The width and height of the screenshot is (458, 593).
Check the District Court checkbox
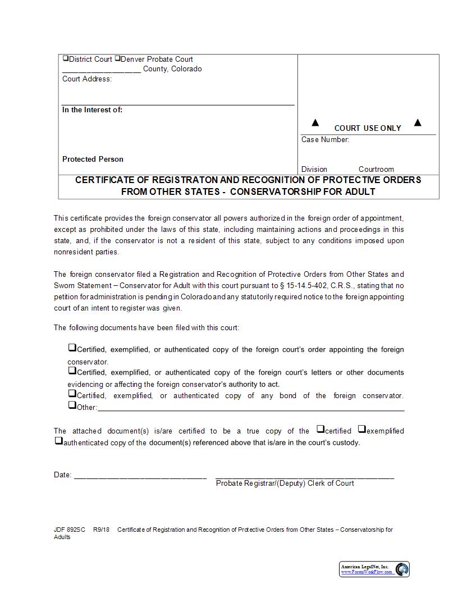coord(65,58)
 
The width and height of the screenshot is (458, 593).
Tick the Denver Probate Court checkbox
coord(117,58)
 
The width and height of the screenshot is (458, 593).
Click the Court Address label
coord(87,79)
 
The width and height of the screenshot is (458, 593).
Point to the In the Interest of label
coord(92,110)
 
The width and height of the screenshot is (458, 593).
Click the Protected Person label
coord(93,159)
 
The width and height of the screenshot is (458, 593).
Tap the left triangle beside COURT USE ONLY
coord(315,123)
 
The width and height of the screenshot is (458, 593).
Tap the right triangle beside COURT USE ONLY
coord(418,123)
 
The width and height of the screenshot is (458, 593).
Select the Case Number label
coord(325,140)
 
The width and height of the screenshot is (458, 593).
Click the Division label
coord(314,170)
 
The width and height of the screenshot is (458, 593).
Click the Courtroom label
coord(376,170)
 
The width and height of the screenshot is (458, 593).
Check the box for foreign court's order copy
coord(72,348)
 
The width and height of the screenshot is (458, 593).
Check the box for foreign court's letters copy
coord(72,371)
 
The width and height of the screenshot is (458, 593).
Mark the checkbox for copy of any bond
coord(72,394)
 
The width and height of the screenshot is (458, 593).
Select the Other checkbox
coord(72,405)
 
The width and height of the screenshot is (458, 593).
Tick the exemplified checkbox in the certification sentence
coord(362,430)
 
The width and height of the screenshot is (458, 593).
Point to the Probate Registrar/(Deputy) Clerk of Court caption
coord(285,483)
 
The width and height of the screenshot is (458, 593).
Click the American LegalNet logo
coord(374,569)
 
